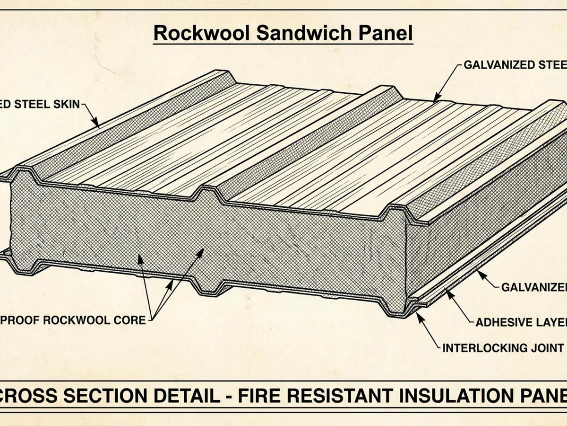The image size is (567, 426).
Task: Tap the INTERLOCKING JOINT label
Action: click(503, 348)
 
